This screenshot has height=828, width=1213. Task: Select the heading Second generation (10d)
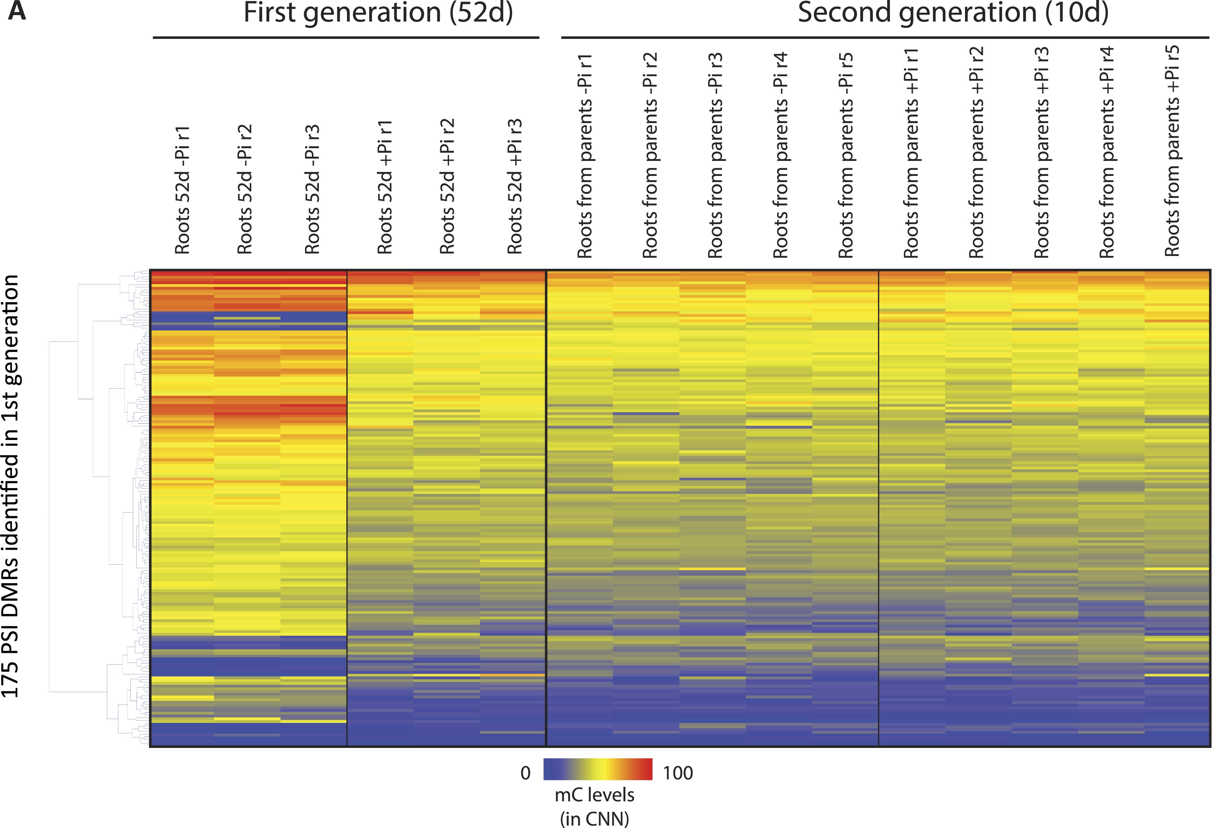coord(953,13)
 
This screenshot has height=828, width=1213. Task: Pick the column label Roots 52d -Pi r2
coord(245,189)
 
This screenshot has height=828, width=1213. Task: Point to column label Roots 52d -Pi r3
coord(312,189)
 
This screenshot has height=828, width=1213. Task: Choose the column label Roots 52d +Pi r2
coord(447,187)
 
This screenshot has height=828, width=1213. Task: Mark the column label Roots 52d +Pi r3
coord(514,187)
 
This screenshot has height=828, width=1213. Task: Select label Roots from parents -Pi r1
coord(585,156)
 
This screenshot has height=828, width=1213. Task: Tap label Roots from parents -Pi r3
coord(715,156)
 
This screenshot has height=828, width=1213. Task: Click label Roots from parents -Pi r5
coord(846,156)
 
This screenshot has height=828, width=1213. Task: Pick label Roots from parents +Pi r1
coord(911,153)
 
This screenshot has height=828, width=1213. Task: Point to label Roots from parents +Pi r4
coord(1106,152)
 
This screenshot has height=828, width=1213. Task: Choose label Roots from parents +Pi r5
coord(1172,151)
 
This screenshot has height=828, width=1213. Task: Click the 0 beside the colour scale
coord(526,773)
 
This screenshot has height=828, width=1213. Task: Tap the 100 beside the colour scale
coord(677,773)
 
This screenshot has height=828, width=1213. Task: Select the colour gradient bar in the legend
coord(598,769)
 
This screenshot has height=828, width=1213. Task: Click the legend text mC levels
coord(595,795)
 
